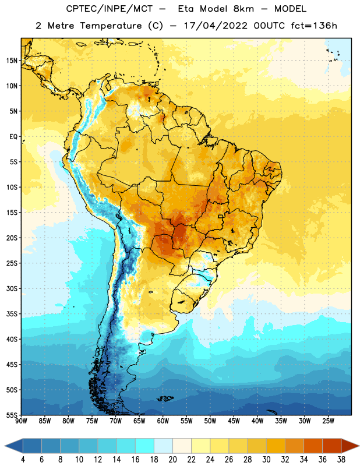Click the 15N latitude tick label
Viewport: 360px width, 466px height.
[12, 61]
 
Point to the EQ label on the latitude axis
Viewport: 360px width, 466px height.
[13, 137]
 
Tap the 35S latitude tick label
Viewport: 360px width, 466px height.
[12, 314]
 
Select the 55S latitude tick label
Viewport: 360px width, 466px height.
[12, 415]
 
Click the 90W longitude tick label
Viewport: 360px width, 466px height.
[21, 421]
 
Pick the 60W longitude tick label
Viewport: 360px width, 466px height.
[163, 421]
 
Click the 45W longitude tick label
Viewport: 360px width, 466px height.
[234, 421]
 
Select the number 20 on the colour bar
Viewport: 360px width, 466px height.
[172, 460]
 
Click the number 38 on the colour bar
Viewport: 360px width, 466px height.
[341, 460]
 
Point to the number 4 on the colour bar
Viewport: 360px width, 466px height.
[23, 460]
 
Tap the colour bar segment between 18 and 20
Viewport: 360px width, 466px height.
[163, 446]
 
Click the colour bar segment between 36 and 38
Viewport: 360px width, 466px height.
[332, 446]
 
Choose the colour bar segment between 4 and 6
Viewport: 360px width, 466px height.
[32, 446]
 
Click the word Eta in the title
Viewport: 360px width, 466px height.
[186, 9]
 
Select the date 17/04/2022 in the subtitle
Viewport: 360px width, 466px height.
[216, 26]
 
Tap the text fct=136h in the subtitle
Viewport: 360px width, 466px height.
[314, 26]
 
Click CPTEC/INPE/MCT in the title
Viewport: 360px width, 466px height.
[110, 9]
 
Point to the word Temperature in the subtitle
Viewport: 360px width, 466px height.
[111, 26]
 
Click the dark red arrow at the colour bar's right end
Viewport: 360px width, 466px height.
[350, 446]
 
